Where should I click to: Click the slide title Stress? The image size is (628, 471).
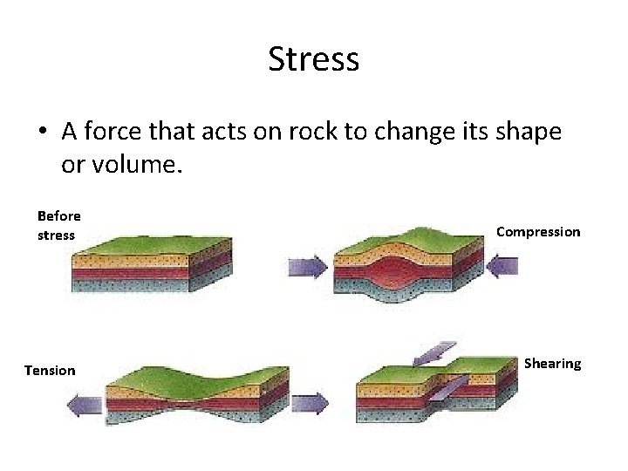[x=314, y=60]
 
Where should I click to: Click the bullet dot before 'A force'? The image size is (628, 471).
[x=42, y=133]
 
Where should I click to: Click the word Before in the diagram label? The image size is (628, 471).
[x=58, y=215]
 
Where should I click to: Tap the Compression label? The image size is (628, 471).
[x=537, y=232]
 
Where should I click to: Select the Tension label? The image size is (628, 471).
[x=50, y=371]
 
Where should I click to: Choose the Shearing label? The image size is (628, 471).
[x=552, y=363]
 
